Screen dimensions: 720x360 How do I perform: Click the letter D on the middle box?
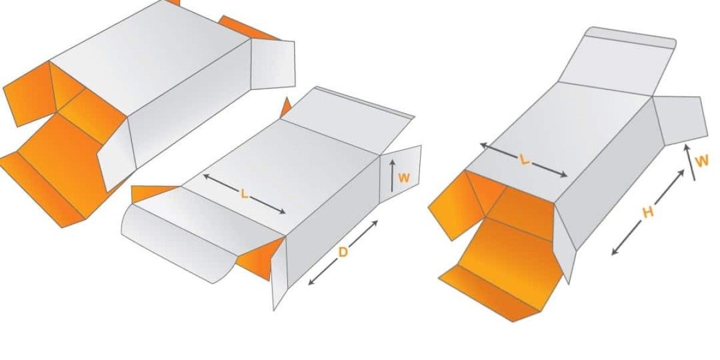[343, 253]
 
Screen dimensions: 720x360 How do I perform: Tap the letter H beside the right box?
[647, 213]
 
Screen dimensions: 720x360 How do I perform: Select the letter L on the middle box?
[244, 194]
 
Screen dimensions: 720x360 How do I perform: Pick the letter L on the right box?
[524, 160]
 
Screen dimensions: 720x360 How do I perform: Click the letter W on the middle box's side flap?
[404, 178]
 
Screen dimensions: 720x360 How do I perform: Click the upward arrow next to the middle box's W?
[392, 176]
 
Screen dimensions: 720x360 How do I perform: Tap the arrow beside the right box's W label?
[690, 163]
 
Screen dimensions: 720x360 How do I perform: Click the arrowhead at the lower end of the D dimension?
[311, 282]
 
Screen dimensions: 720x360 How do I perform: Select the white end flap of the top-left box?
[272, 64]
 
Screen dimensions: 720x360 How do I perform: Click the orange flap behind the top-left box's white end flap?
[247, 28]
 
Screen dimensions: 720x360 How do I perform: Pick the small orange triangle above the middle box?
[285, 109]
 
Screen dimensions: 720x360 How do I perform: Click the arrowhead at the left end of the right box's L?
[484, 146]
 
